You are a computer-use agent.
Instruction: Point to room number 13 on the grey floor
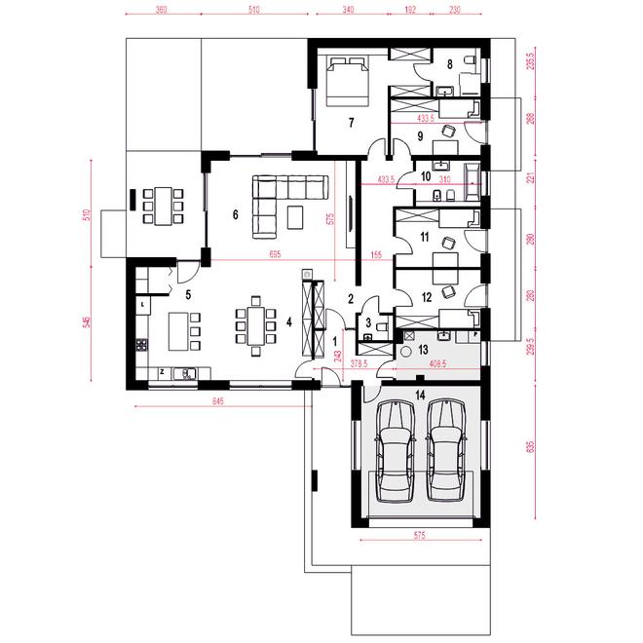[424, 348]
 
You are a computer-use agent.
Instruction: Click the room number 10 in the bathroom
[426, 176]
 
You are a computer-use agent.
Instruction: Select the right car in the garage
[445, 449]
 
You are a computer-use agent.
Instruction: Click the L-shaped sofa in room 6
[278, 200]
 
